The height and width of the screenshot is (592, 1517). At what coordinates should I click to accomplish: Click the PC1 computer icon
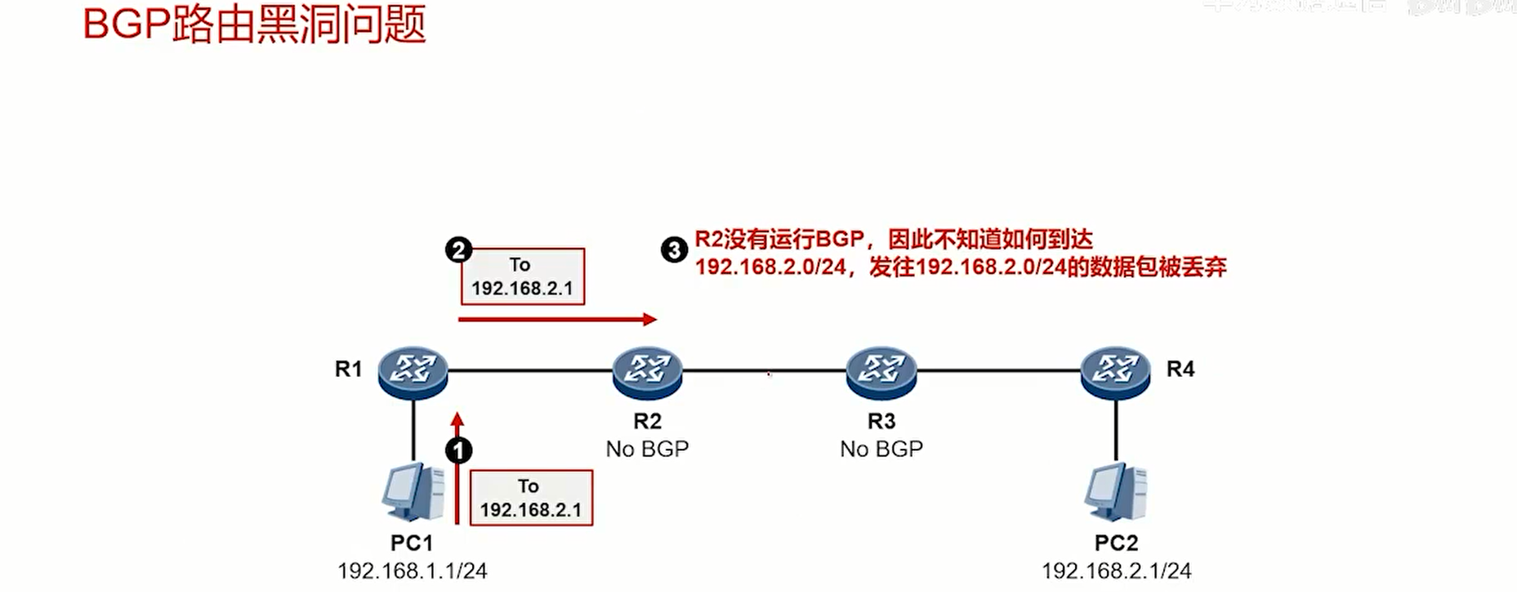click(413, 492)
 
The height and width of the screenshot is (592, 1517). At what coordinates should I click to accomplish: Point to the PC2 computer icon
click(1116, 492)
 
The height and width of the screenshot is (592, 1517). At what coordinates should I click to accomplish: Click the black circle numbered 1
click(458, 451)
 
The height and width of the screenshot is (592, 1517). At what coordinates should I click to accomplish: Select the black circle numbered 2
click(458, 249)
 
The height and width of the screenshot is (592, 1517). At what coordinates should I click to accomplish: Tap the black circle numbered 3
click(674, 249)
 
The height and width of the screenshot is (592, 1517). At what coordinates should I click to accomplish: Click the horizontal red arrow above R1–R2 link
click(557, 319)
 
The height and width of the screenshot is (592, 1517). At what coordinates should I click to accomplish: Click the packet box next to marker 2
click(523, 276)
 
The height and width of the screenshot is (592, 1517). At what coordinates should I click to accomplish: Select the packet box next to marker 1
click(531, 497)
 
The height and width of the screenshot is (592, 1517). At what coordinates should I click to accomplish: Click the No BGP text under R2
click(647, 449)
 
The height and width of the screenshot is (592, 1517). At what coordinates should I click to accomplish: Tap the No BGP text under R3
click(881, 449)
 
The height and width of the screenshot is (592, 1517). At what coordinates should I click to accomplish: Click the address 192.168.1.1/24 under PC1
click(413, 571)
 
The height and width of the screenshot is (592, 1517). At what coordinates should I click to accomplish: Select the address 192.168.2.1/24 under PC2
click(1116, 571)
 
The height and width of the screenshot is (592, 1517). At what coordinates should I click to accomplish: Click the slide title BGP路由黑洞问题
click(254, 25)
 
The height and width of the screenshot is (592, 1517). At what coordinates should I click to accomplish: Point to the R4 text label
click(1180, 369)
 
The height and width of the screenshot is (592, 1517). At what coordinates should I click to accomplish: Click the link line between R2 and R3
click(764, 370)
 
